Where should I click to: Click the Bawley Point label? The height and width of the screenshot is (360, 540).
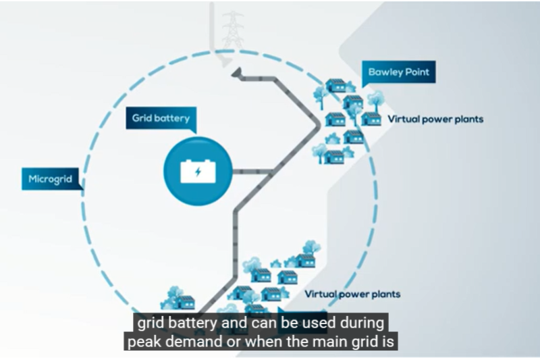pyautogui.click(x=398, y=72)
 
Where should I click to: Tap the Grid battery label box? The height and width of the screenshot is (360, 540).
pyautogui.click(x=161, y=118)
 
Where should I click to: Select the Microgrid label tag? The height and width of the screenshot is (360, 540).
pyautogui.click(x=51, y=179)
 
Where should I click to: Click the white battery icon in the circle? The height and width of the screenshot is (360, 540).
pyautogui.click(x=198, y=171)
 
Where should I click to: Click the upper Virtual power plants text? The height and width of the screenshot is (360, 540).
pyautogui.click(x=435, y=120)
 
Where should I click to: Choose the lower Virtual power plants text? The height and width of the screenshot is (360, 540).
pyautogui.click(x=352, y=294)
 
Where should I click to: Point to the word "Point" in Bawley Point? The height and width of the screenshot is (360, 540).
pyautogui.click(x=416, y=72)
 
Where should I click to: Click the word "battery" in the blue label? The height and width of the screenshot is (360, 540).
pyautogui.click(x=171, y=118)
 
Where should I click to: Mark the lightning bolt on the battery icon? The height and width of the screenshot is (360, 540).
pyautogui.click(x=198, y=172)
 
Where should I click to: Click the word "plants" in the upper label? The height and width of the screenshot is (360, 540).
pyautogui.click(x=468, y=120)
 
